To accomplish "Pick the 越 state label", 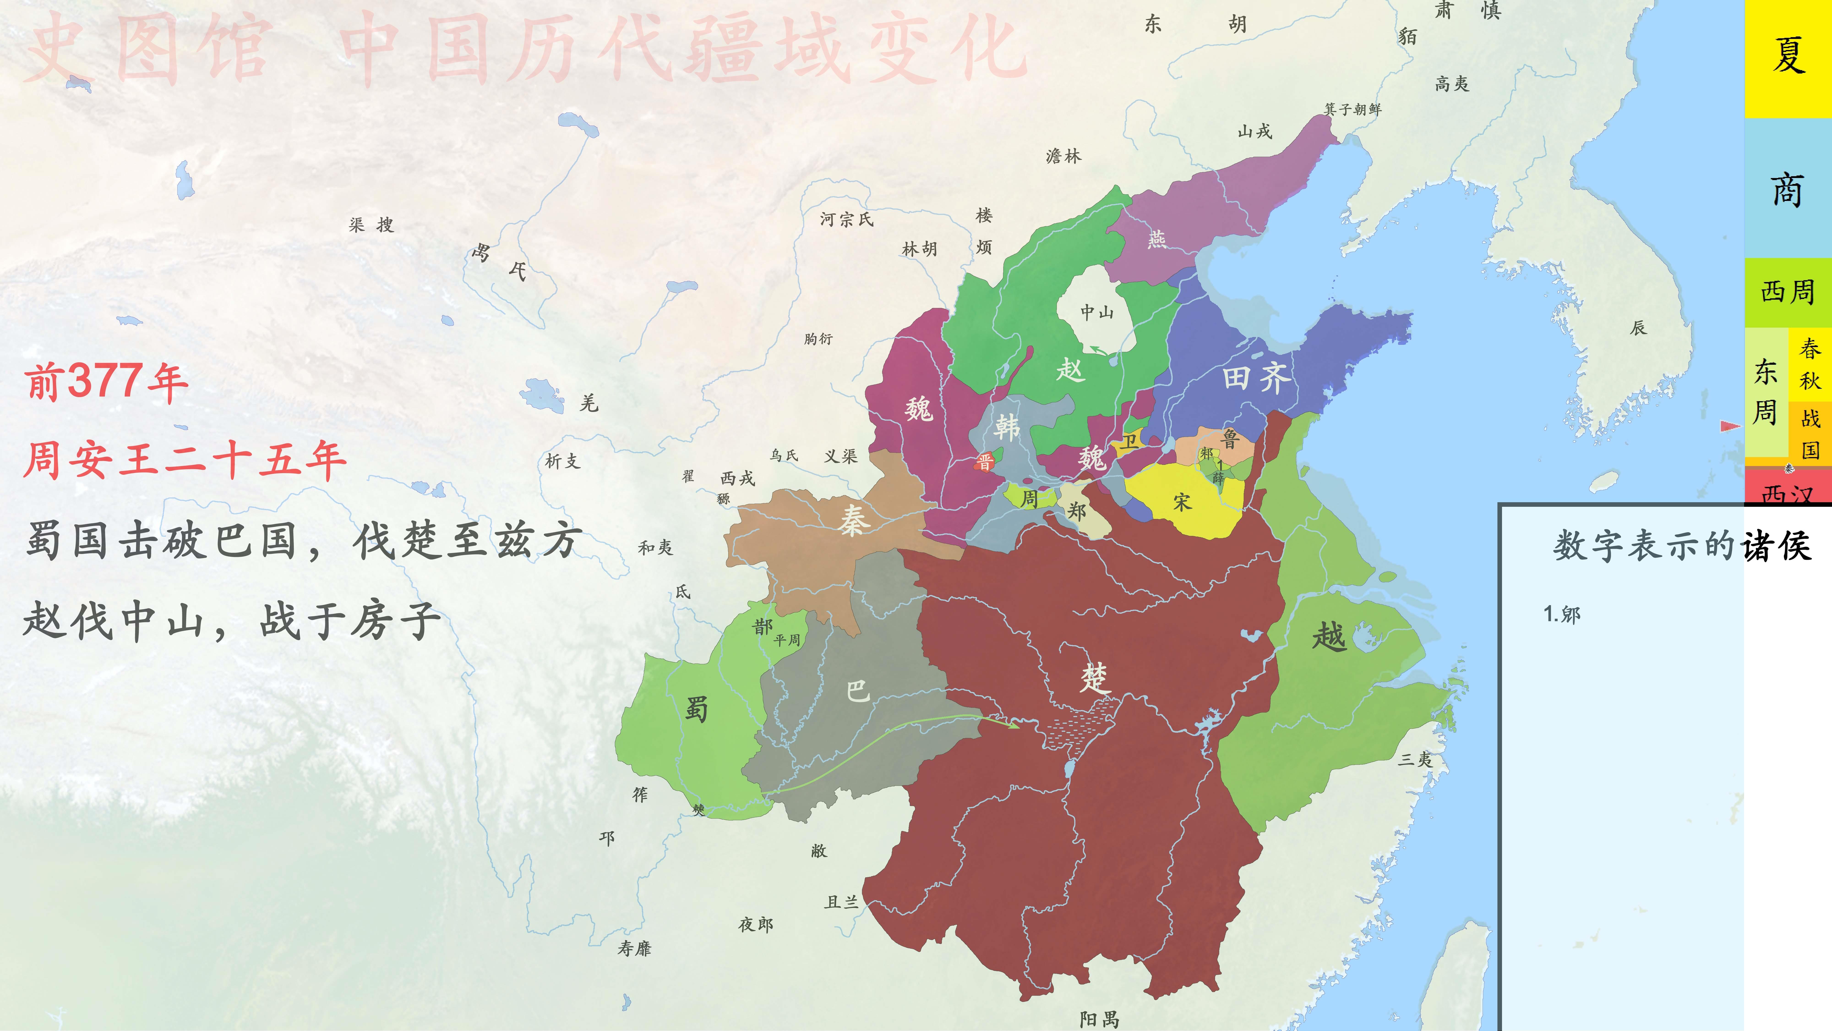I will click(1328, 635).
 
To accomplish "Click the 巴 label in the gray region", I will click(858, 690).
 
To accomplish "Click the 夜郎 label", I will click(755, 924).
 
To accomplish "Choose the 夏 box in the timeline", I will click(1788, 57).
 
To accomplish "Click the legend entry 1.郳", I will click(1562, 614).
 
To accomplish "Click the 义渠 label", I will click(841, 456).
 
